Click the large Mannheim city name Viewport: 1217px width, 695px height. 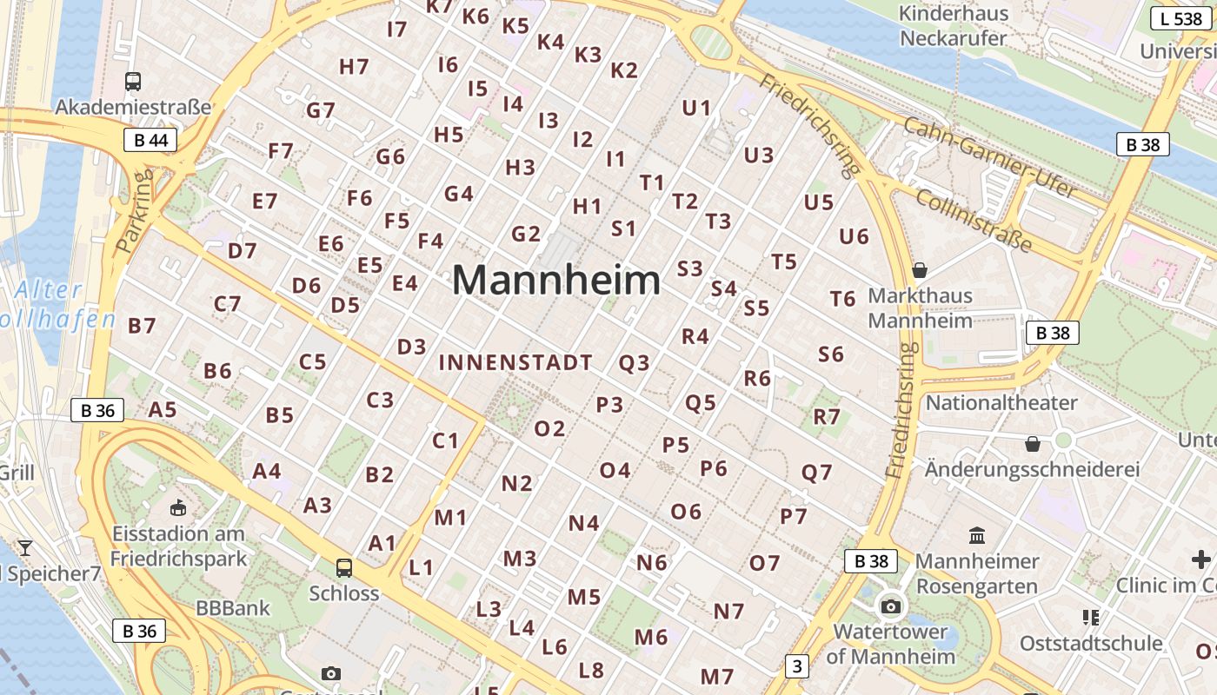pos(556,281)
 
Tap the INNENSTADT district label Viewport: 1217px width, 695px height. pos(515,363)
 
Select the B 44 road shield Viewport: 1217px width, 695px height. pos(150,140)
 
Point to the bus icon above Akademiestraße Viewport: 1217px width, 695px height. pos(133,82)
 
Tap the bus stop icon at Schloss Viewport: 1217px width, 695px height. pos(344,568)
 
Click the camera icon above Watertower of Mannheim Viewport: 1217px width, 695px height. pos(891,606)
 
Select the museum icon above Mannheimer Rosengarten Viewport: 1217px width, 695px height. pos(976,535)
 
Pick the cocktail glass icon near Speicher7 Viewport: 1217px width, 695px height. pos(25,547)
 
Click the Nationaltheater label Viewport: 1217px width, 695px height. pos(1001,402)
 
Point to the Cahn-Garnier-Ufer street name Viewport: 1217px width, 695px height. pos(990,157)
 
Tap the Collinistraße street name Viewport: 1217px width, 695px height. pos(974,221)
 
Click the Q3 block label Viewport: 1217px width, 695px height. pos(634,363)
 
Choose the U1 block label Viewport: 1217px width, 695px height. pos(696,109)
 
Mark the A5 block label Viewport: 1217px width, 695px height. pos(163,409)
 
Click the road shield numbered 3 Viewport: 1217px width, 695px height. pos(796,666)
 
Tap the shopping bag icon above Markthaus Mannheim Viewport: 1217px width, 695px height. pos(920,269)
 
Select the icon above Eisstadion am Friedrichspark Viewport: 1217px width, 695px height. pos(179,507)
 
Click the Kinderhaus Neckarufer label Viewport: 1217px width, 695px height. pos(953,26)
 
